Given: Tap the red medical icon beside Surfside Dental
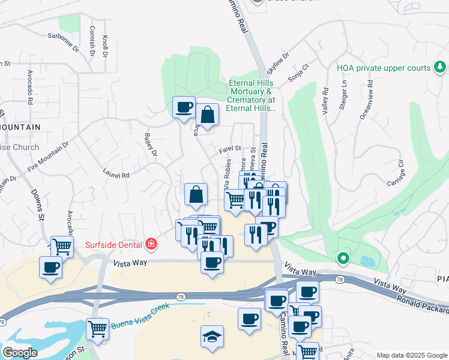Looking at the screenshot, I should point(151,244).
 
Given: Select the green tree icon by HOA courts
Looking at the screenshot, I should point(441,67).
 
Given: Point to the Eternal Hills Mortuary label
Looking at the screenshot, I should point(252,95).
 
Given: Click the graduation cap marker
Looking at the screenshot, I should point(212,337).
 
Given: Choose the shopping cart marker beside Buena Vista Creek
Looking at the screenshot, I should point(97,328).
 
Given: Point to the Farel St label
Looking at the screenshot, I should point(229,148).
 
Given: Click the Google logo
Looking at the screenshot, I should point(20,353).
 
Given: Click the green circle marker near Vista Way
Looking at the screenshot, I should point(343,259).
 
